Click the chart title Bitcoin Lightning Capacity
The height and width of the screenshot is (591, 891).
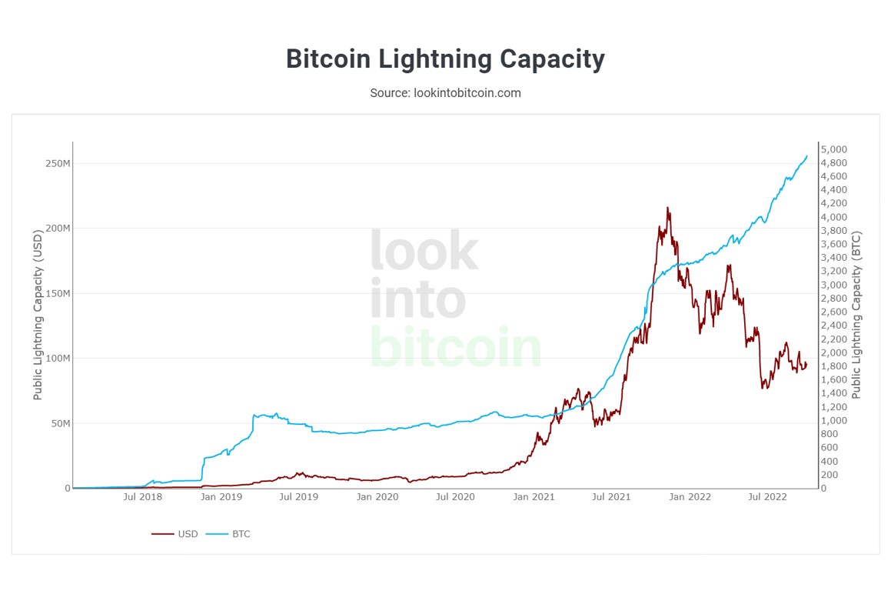[x=445, y=59]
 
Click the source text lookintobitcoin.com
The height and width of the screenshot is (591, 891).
[x=445, y=93]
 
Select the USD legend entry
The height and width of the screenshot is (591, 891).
[x=187, y=533]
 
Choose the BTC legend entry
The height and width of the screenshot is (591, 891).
[x=241, y=533]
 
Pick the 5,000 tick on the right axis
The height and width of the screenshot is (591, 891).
[x=833, y=149]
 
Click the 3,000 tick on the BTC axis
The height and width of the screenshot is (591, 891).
[x=833, y=285]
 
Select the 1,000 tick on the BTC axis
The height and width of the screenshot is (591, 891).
[x=833, y=421]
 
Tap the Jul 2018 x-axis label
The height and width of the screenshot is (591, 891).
[x=143, y=497]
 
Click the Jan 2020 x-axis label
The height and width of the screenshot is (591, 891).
[x=377, y=497]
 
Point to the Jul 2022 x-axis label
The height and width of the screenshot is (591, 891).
[x=767, y=497]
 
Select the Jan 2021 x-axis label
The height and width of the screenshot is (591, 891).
[x=534, y=497]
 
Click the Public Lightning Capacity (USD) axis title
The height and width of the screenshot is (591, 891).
[x=38, y=316]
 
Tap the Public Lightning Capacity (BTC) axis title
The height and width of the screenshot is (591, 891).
[x=856, y=316]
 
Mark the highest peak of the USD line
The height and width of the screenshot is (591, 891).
[x=667, y=207]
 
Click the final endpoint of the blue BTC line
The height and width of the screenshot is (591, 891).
[x=806, y=156]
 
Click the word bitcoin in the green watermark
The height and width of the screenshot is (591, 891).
[x=456, y=347]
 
